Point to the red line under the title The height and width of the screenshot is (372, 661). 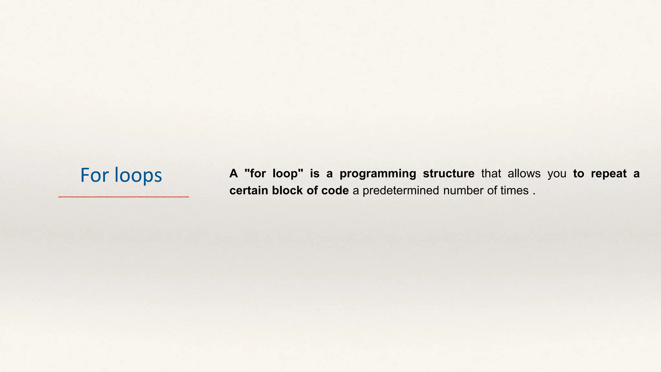coord(124,197)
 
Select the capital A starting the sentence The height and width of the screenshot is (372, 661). coord(233,174)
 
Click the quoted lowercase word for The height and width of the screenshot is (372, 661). coord(258,174)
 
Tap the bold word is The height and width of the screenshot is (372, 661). coord(315,174)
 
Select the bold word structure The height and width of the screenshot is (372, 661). coord(449,174)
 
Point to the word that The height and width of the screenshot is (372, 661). coord(491,174)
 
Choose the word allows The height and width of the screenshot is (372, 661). coord(524,174)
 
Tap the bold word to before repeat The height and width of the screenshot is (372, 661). coord(578,174)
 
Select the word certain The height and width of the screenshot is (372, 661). coord(249,191)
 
